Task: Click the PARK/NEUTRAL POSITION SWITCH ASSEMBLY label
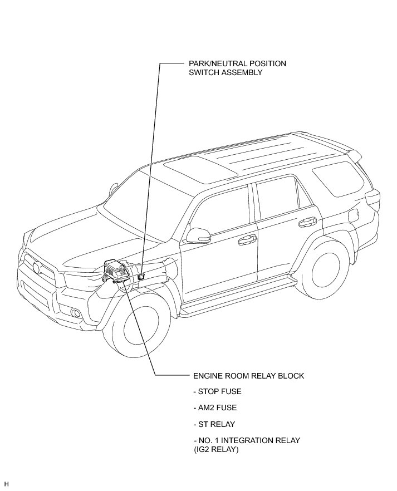pos(237,68)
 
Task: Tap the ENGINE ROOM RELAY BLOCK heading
pos(248,376)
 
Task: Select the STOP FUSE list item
pos(217,391)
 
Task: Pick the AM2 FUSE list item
pos(215,408)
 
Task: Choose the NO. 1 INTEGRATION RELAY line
pos(247,440)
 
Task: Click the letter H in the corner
pos(6,484)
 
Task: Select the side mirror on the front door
pos(197,235)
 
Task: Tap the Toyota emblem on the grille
pos(37,268)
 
